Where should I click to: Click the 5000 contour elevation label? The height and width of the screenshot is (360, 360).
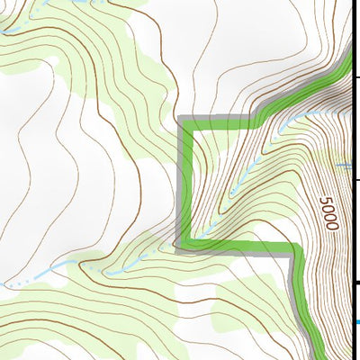pyautogui.click(x=327, y=212)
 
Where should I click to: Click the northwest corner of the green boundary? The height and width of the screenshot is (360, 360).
pyautogui.click(x=184, y=121)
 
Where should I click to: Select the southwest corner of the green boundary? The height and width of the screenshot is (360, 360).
pyautogui.click(x=183, y=245)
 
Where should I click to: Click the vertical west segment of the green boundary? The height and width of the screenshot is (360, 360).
pyautogui.click(x=184, y=180)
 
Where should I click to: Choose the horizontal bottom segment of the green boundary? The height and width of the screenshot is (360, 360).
pyautogui.click(x=238, y=246)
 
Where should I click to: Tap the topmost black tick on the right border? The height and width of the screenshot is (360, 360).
pyautogui.click(x=356, y=78)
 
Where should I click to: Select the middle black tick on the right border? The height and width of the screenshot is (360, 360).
pyautogui.click(x=356, y=180)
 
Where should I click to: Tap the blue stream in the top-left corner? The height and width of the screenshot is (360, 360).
pyautogui.click(x=18, y=27)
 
